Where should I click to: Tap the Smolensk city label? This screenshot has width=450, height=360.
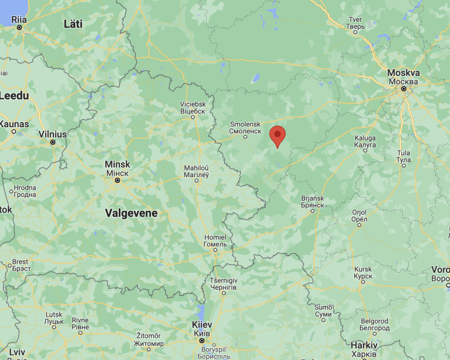[245, 127]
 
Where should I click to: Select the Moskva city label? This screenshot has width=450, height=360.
[403, 77]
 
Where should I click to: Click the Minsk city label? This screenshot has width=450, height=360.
[118, 168]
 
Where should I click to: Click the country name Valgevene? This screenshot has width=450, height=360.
[131, 213]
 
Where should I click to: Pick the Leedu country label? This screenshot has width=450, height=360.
[14, 96]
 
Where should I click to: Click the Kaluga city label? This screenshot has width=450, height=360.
[365, 141]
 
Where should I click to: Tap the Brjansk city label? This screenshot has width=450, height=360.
[313, 201]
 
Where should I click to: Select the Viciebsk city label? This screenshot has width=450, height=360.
[192, 108]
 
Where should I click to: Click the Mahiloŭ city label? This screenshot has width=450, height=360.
[197, 172]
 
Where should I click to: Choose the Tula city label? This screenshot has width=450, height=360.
[403, 156]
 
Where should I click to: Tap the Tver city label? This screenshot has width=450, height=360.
[355, 23]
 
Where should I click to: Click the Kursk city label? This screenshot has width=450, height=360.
[363, 273]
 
